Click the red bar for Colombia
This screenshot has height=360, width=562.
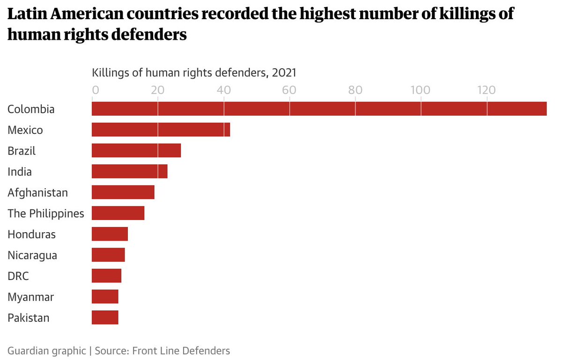point(319,109)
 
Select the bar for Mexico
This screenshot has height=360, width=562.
point(161,130)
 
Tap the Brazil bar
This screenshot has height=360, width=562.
point(136,151)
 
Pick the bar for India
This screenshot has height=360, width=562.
point(129,171)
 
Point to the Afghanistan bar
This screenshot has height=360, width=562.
point(123,192)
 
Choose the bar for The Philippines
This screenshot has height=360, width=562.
point(118,213)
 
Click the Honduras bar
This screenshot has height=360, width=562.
point(110,234)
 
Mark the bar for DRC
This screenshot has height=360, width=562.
point(106,276)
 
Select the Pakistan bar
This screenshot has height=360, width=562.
point(105,317)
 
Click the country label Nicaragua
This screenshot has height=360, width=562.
point(32,255)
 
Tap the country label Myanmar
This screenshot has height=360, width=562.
point(30,297)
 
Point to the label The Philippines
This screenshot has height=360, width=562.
point(46,213)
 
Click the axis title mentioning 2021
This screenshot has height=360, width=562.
point(194,73)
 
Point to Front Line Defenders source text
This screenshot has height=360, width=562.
point(181,351)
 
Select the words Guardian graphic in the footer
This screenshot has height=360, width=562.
point(47,351)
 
